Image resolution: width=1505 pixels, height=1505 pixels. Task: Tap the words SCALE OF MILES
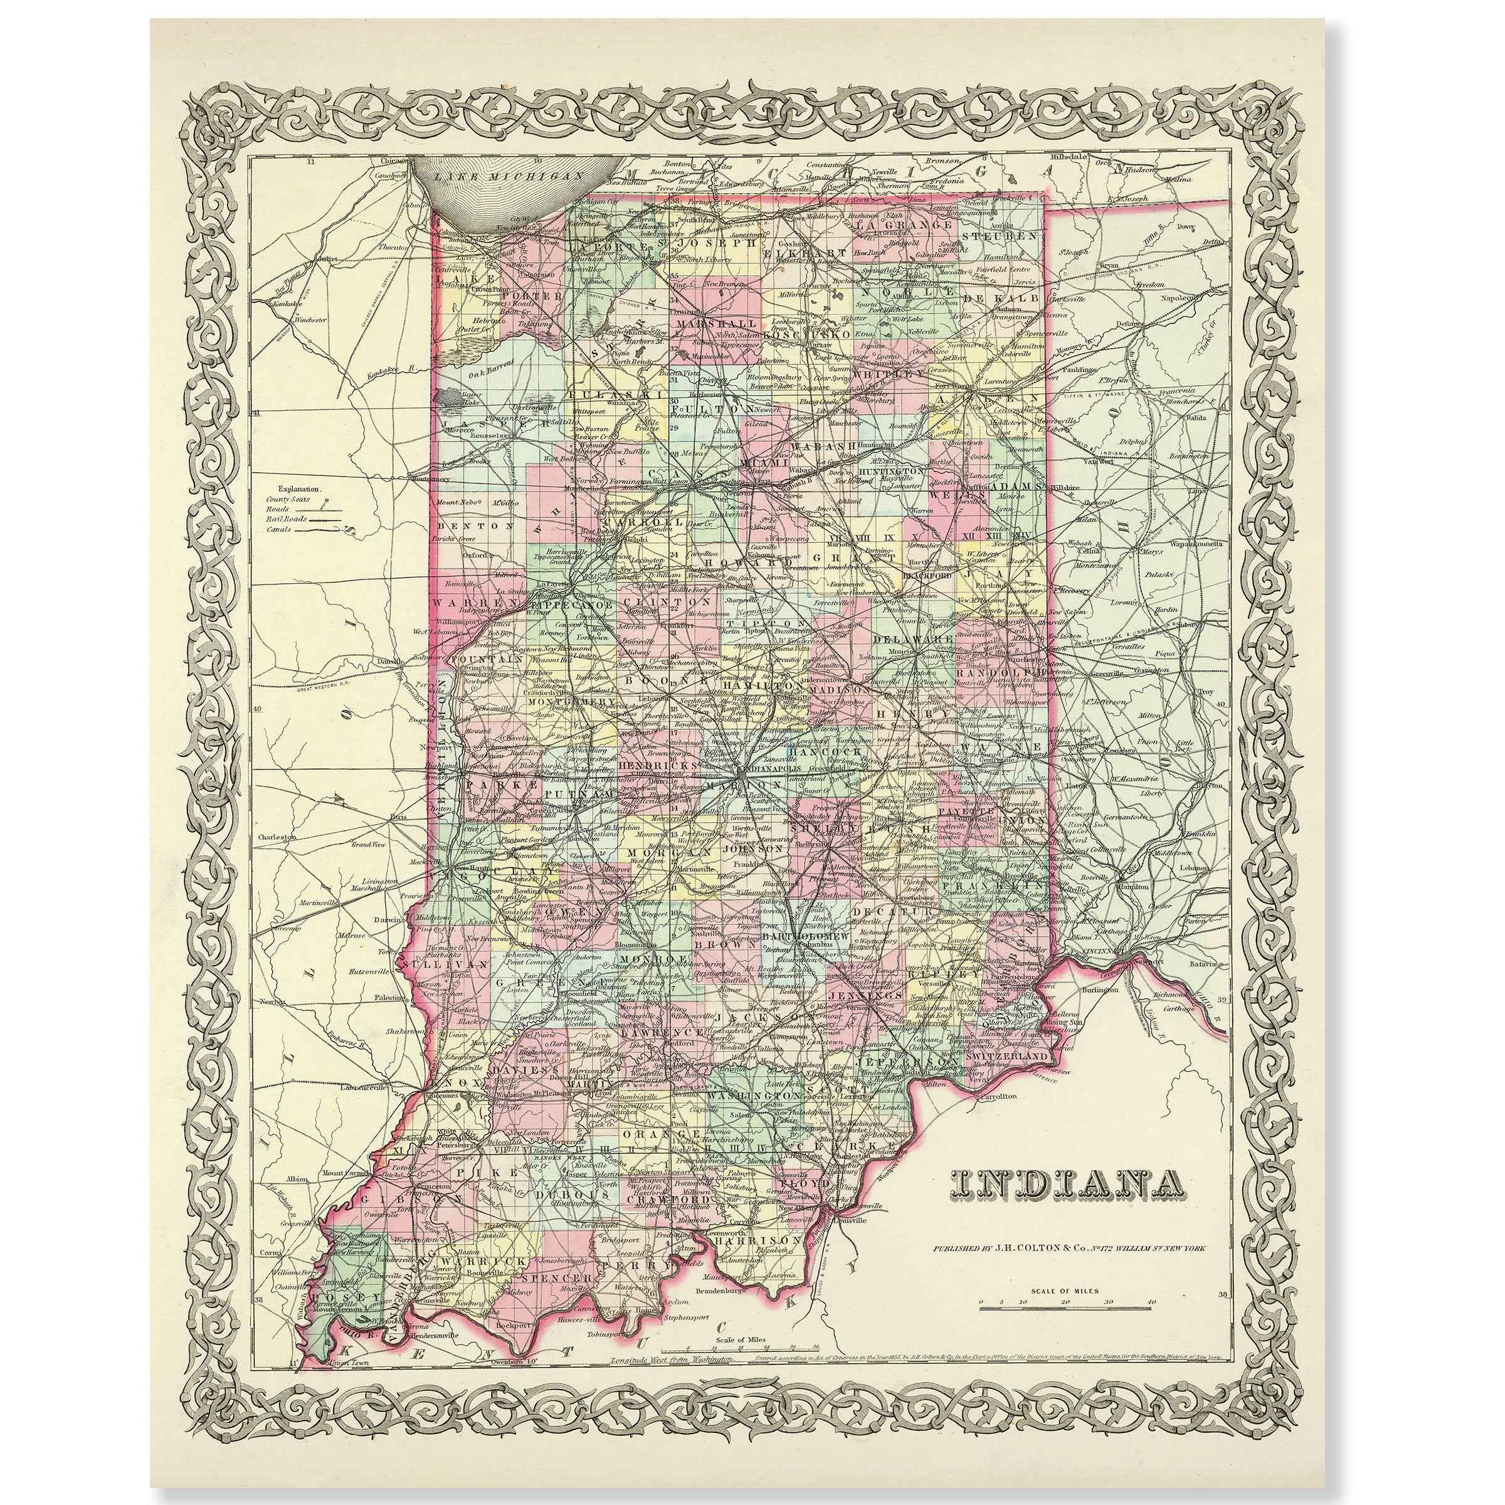pos(1065,1291)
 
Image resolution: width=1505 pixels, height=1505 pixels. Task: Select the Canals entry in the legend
pos(277,529)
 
